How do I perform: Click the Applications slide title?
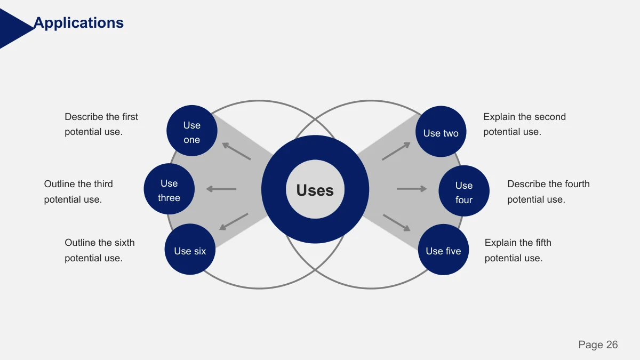point(78,23)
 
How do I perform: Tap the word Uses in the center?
point(315,190)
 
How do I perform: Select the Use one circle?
point(192,131)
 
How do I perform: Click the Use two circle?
point(441,131)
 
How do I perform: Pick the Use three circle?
point(169,189)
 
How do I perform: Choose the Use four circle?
point(464,191)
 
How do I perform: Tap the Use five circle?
point(443,250)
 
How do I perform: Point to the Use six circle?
point(190,249)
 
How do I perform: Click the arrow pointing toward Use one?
point(237,151)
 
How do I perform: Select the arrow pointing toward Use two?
point(396,151)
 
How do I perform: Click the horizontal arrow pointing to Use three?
point(221,189)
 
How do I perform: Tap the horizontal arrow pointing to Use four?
point(412,189)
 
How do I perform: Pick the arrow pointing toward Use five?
point(397,222)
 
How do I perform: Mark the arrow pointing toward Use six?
point(234,222)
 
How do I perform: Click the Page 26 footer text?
point(598,345)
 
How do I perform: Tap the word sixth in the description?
point(124,243)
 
